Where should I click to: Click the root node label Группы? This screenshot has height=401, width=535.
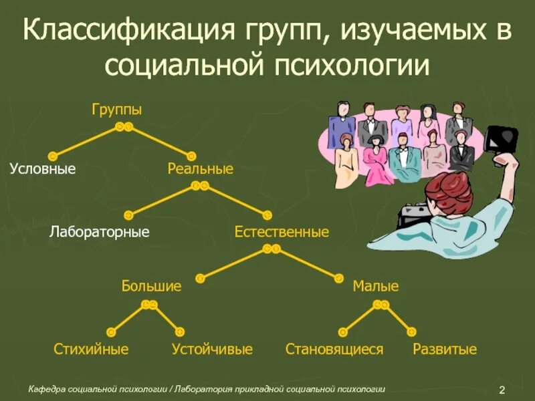[117, 110]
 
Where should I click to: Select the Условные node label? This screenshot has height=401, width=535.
[43, 169]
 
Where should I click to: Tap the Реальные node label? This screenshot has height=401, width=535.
[200, 169]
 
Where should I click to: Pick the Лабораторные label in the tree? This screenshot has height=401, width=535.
[99, 233]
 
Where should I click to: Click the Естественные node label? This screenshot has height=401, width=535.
[282, 233]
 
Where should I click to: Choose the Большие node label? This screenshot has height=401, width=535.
[151, 287]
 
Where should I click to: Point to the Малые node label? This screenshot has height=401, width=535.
[375, 287]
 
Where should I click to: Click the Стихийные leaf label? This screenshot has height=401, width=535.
[91, 349]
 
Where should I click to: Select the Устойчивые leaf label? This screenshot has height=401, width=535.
[212, 349]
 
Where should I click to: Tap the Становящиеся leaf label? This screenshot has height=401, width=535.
[334, 349]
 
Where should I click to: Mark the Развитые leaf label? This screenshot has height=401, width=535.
[444, 349]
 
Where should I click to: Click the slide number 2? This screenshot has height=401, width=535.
[501, 390]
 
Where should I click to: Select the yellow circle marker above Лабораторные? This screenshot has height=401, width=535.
[128, 215]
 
